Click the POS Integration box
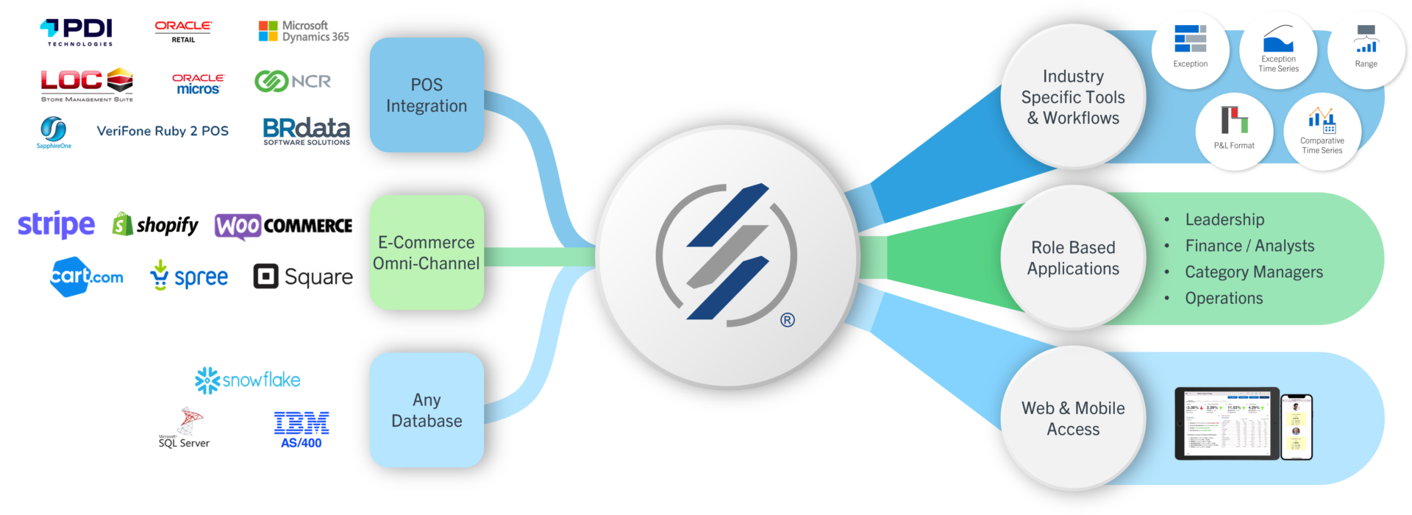[x=427, y=95]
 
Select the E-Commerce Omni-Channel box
[x=427, y=252]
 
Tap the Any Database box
[x=427, y=410]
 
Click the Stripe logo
[x=57, y=224]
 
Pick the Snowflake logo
[x=247, y=380]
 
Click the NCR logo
[x=293, y=81]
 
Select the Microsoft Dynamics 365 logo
[x=304, y=31]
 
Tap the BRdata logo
[x=306, y=131]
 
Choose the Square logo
[x=302, y=276]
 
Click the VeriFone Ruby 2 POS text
[x=163, y=131]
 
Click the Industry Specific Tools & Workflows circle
[x=1073, y=96]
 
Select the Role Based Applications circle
[x=1073, y=257]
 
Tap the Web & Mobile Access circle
[x=1073, y=418]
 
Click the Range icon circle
[x=1366, y=49]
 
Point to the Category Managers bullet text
[x=1254, y=272]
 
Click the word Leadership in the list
[x=1224, y=219]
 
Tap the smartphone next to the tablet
[x=1297, y=427]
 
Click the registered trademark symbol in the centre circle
[x=788, y=320]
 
